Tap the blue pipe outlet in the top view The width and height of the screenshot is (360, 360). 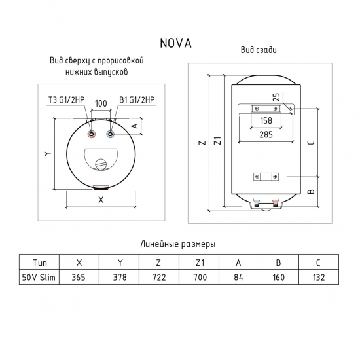(109, 135)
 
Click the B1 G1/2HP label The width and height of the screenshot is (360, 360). (137, 99)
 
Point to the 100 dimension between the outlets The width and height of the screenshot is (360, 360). (101, 104)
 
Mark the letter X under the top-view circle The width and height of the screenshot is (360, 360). (100, 202)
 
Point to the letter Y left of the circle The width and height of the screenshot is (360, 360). (48, 154)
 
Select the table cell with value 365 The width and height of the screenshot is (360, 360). (79, 278)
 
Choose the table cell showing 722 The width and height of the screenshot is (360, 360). (159, 278)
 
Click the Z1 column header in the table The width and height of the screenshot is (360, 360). (200, 262)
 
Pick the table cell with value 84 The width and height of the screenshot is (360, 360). (240, 278)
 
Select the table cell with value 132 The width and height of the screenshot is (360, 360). (319, 278)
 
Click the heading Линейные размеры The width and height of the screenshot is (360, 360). (179, 243)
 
